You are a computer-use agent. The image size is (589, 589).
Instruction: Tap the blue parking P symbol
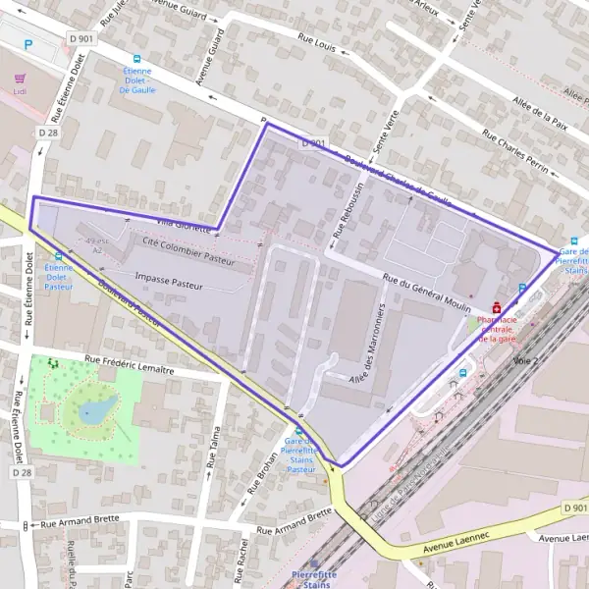coord(27,44)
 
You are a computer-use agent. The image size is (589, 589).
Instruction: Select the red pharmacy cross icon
coord(496,306)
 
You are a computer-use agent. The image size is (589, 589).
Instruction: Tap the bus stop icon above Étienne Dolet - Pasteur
coord(59,256)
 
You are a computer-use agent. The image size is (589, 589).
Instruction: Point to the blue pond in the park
coord(96,410)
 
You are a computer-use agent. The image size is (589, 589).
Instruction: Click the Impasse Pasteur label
coord(169,280)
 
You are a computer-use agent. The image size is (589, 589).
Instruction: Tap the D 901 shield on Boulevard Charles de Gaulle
coord(313,143)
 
